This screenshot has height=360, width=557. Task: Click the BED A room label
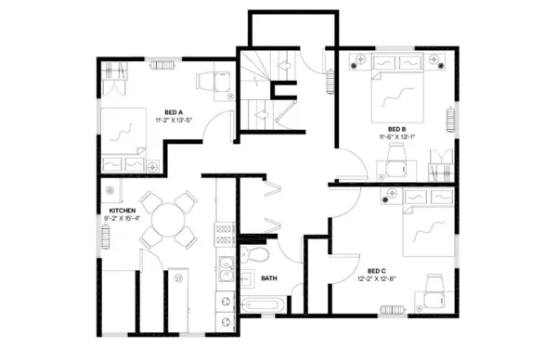point(174,111)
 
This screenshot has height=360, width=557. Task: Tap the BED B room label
point(396,129)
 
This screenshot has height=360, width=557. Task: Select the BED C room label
point(377,270)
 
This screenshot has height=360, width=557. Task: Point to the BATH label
point(269,277)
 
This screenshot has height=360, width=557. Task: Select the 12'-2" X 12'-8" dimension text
point(377,278)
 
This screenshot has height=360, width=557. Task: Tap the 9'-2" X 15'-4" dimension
point(123,219)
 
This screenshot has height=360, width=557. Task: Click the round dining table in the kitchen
point(168,221)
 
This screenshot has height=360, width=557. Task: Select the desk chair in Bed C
point(434,283)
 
